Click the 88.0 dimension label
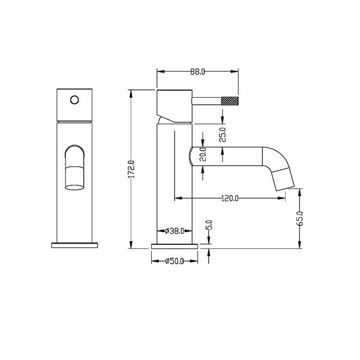click(197, 72)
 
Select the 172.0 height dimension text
click(132, 169)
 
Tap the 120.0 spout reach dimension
click(230, 198)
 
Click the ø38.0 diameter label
click(175, 231)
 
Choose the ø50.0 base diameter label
click(175, 261)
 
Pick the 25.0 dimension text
click(223, 134)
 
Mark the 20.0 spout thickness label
click(203, 154)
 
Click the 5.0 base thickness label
click(209, 225)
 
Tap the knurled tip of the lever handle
click(230, 101)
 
